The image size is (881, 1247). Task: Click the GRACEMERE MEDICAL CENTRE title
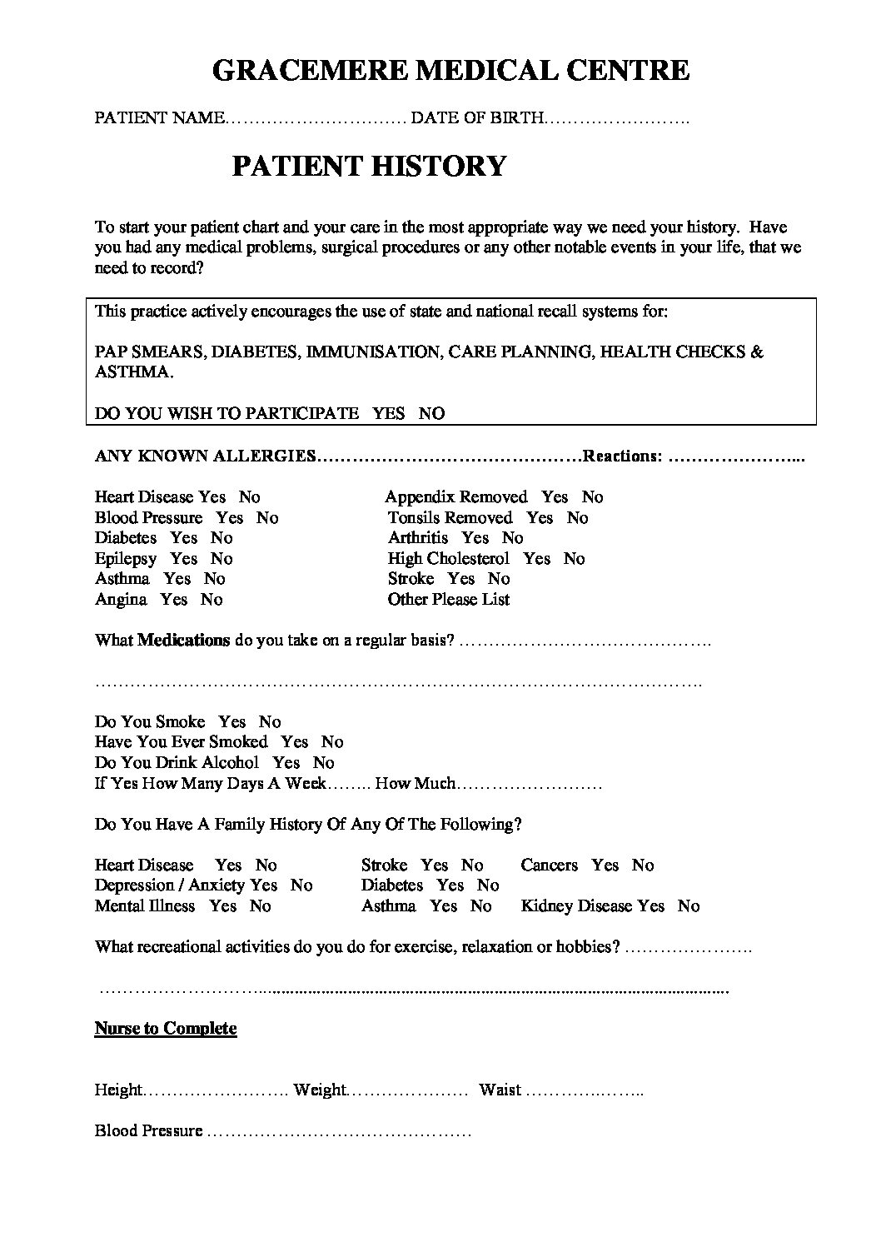450,71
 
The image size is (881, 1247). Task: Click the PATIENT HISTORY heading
368,166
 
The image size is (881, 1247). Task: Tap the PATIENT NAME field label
158,119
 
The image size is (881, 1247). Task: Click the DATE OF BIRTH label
477,119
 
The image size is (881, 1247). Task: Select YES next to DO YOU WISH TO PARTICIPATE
388,413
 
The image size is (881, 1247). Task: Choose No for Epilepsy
221,559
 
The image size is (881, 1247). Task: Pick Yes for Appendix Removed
555,497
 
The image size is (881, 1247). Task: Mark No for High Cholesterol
575,559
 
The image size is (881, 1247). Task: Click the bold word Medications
183,641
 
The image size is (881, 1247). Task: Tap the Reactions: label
624,456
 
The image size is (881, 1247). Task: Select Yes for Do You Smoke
232,722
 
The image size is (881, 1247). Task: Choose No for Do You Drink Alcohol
324,763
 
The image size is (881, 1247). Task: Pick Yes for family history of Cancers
605,865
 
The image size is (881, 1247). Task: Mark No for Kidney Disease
689,906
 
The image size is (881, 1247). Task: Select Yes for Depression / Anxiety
264,885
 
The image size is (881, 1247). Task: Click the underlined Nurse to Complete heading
166,1029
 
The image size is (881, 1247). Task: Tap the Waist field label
500,1090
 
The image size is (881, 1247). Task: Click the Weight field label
320,1090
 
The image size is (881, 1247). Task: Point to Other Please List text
449,600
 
